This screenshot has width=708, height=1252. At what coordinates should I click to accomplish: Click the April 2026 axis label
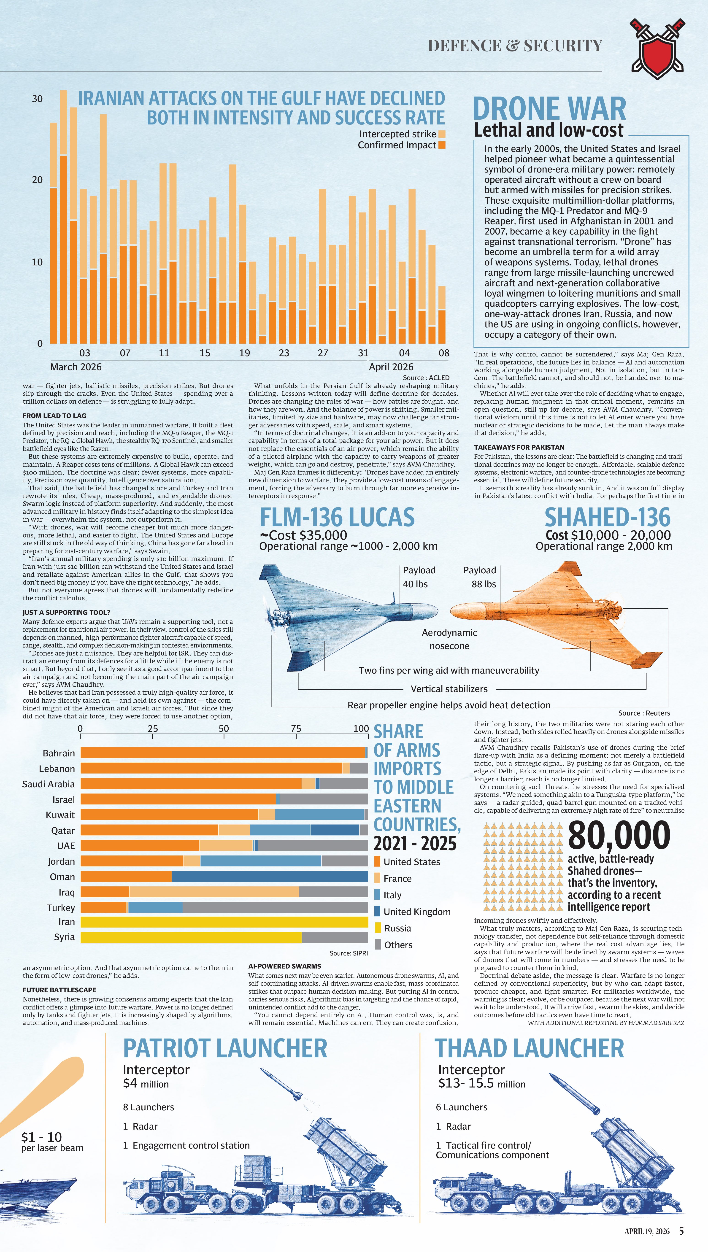(391, 367)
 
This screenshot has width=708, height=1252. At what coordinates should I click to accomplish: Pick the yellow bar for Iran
(224, 922)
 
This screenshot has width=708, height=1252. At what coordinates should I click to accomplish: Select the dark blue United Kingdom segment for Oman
(270, 877)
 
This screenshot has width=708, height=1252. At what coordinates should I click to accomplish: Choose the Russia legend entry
(397, 928)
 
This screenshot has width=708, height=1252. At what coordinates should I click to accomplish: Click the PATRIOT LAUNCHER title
(225, 1048)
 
